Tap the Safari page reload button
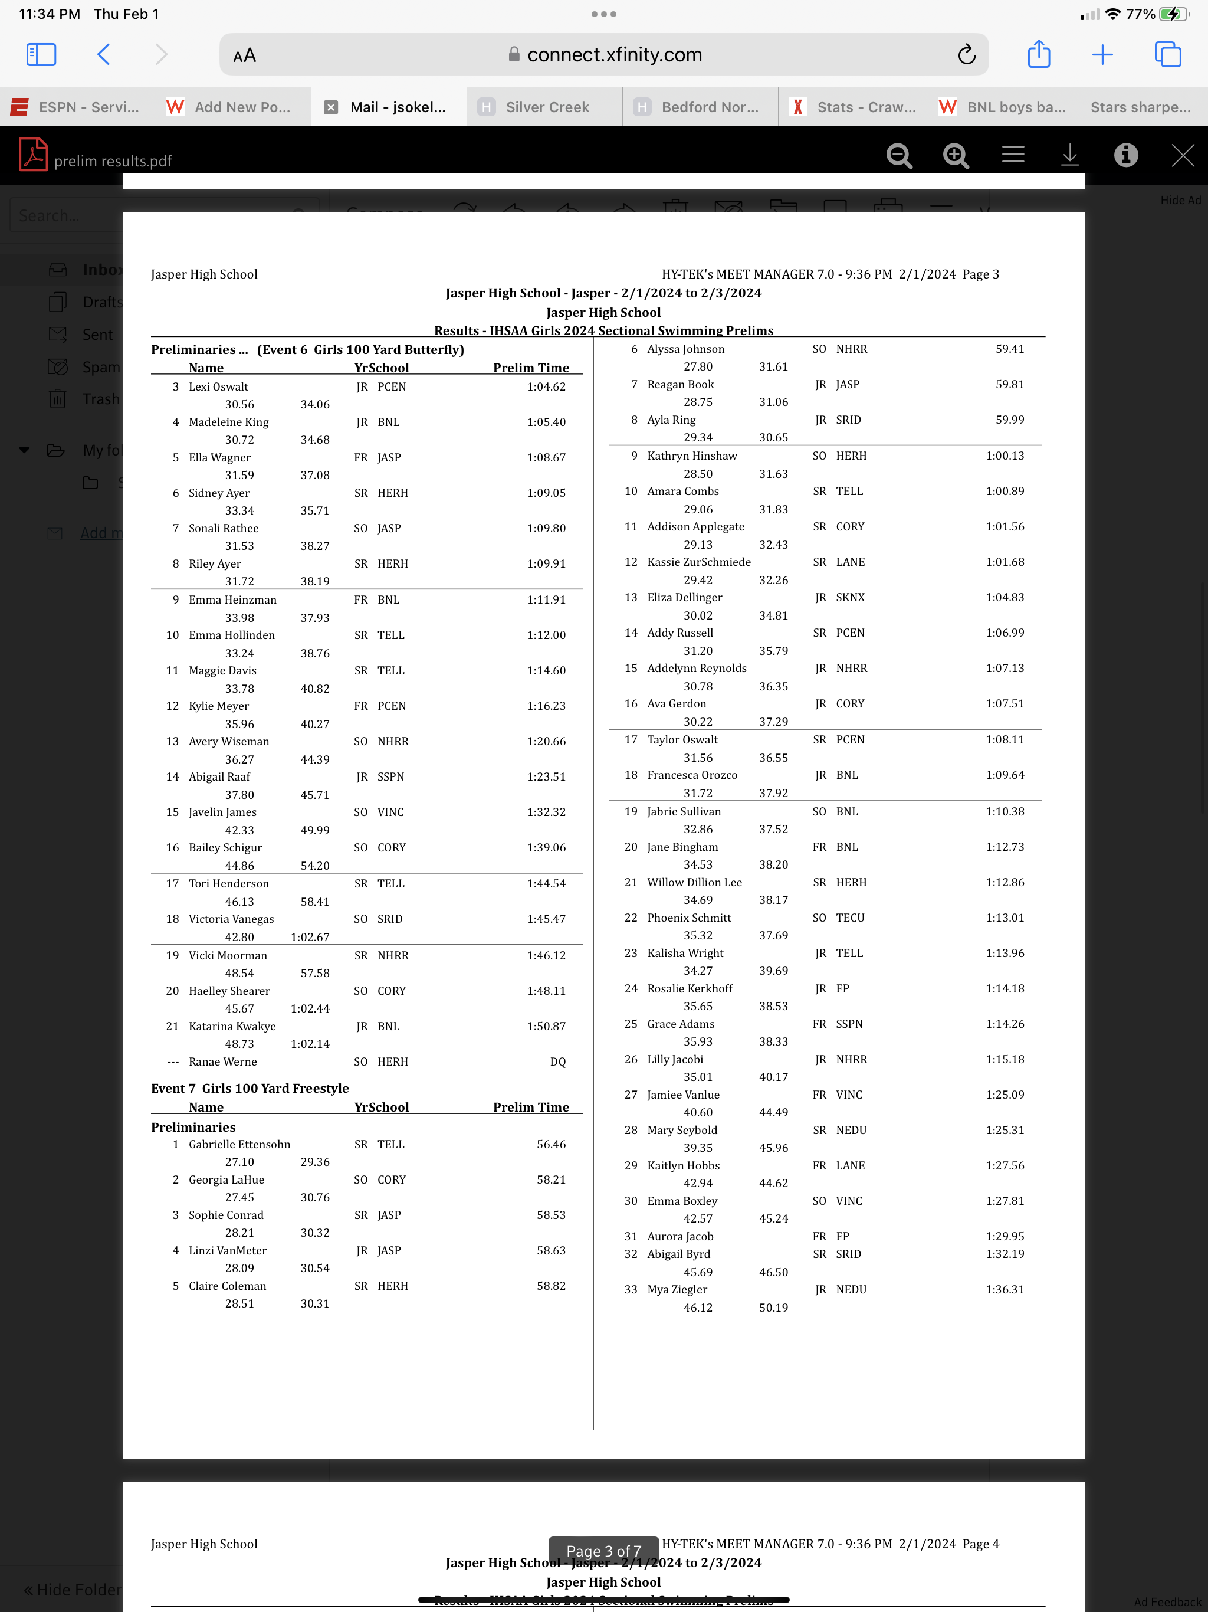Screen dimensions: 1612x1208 [x=966, y=55]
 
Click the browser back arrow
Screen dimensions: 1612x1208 [x=103, y=55]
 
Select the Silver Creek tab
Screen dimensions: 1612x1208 [x=546, y=107]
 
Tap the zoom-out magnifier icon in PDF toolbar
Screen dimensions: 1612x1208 [x=899, y=155]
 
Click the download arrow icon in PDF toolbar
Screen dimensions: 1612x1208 [x=1069, y=155]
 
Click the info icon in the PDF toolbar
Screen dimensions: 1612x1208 [x=1125, y=155]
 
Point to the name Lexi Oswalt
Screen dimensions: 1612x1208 [x=219, y=387]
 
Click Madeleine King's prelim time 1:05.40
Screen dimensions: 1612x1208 [x=546, y=422]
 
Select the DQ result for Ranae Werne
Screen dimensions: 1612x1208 [x=557, y=1062]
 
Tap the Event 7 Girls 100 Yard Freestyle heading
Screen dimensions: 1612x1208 [x=250, y=1088]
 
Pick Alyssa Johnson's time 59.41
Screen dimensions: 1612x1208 [x=1010, y=349]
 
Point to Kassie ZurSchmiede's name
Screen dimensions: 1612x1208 [x=699, y=562]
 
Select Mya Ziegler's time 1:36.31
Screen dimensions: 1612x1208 [x=1005, y=1289]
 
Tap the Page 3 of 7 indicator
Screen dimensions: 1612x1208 [x=604, y=1551]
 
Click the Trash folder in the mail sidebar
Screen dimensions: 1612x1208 [x=100, y=399]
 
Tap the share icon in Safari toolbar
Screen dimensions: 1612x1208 [x=1038, y=55]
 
